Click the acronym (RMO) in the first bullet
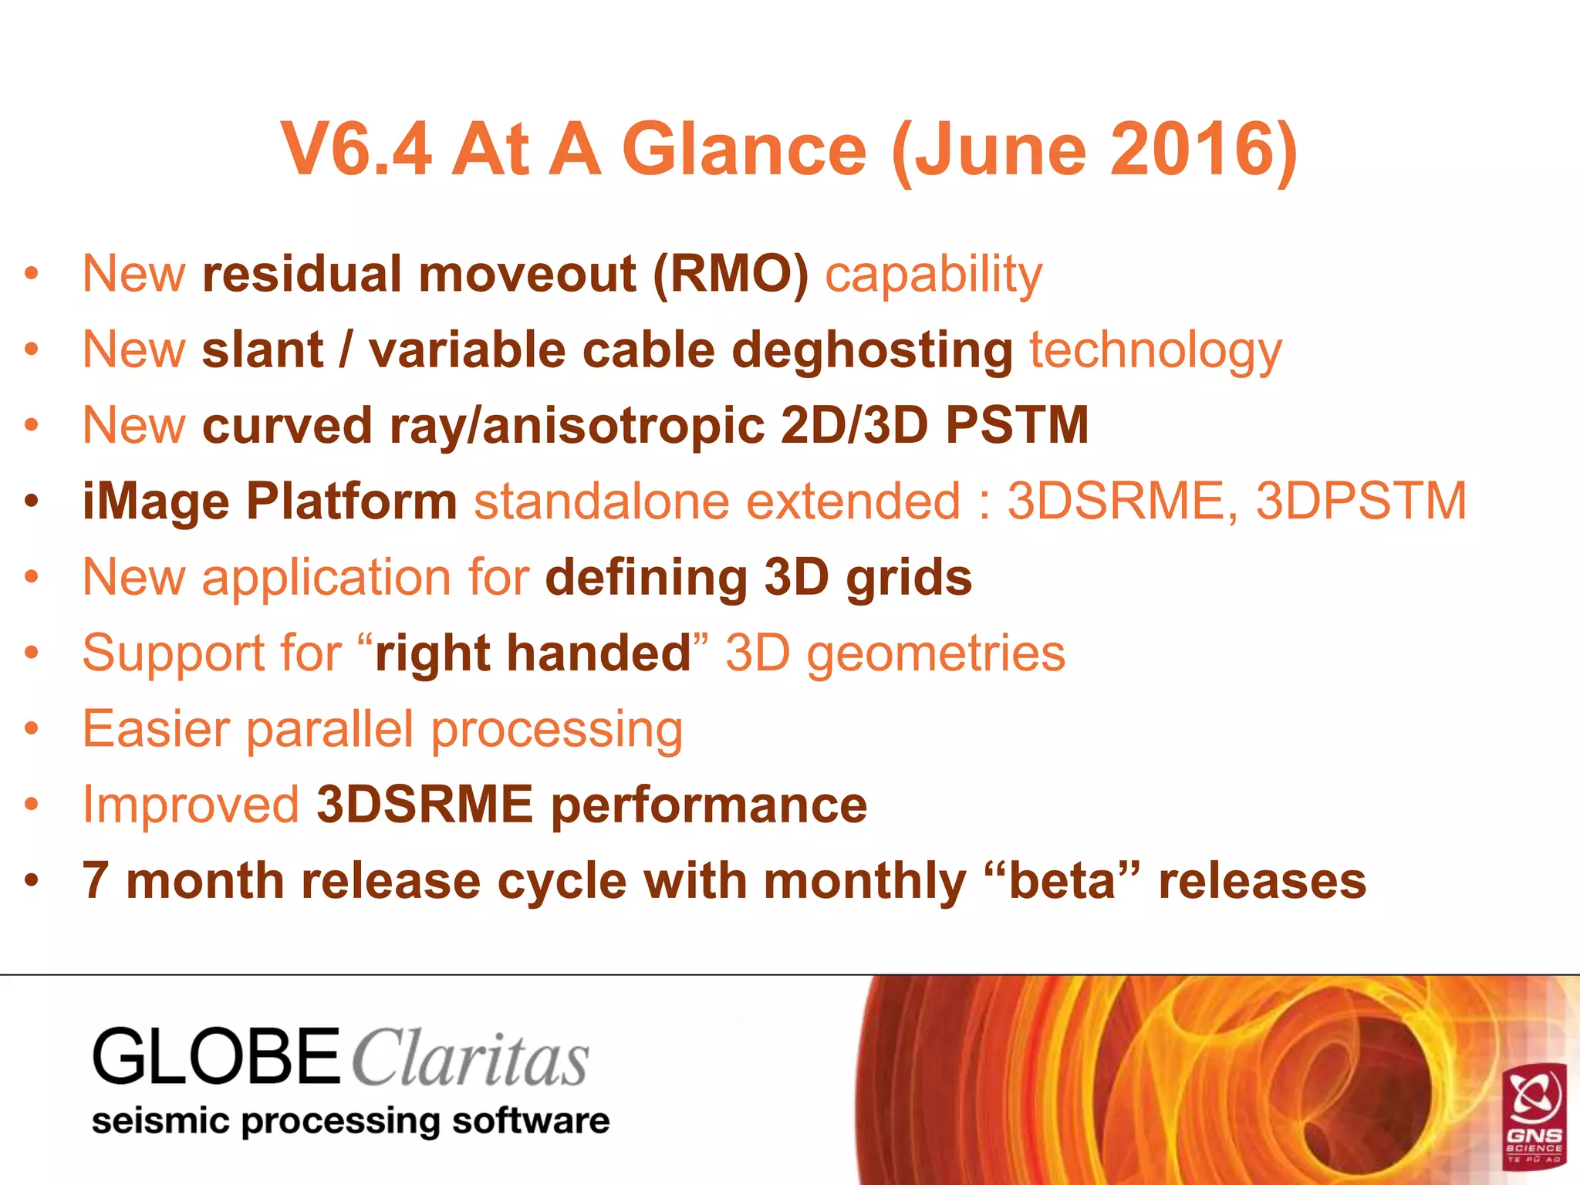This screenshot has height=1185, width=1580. (731, 274)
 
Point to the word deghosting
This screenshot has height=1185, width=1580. (872, 350)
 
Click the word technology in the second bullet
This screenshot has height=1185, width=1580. (1156, 350)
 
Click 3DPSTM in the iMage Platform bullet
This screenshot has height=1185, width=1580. (1361, 501)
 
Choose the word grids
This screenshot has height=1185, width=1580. (909, 577)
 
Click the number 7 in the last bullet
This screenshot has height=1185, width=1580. (96, 881)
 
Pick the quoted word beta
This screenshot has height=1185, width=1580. (1062, 881)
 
